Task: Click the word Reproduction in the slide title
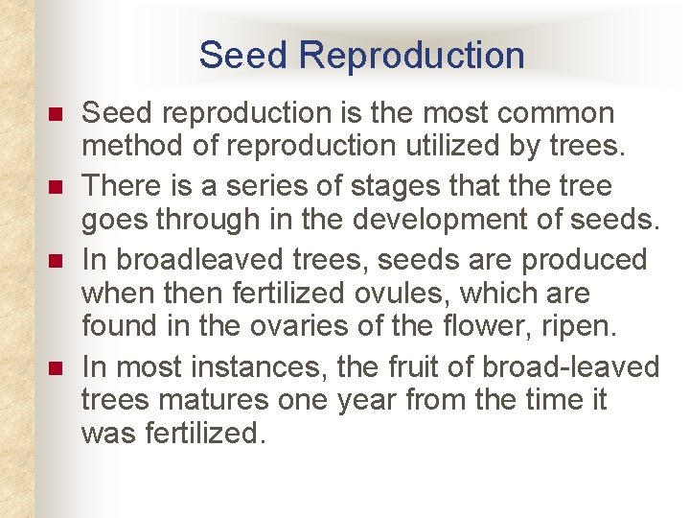(411, 56)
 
